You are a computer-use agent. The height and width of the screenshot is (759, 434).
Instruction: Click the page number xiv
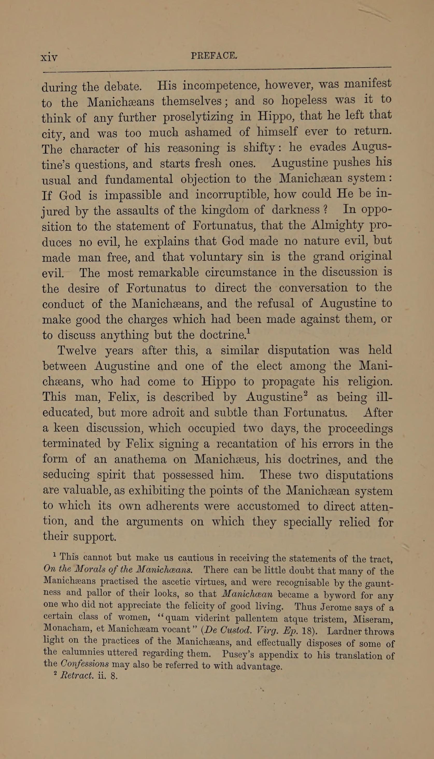(x=49, y=57)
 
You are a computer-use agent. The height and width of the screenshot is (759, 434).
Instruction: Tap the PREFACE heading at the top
(x=214, y=56)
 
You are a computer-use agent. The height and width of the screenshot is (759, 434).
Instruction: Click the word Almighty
(x=337, y=226)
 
